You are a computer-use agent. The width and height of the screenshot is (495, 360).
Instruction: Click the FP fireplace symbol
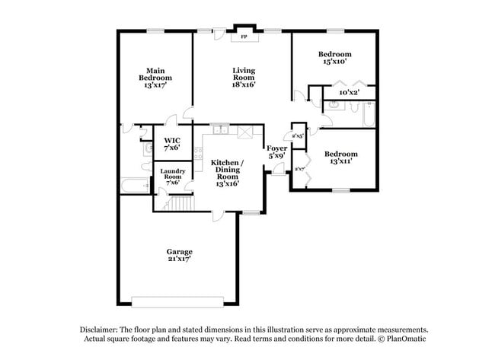[x=244, y=37]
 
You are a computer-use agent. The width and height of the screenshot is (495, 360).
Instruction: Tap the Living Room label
[x=244, y=77]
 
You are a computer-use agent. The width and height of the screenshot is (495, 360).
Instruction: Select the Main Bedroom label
[x=155, y=77]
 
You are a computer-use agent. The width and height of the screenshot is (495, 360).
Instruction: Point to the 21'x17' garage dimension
[x=180, y=259]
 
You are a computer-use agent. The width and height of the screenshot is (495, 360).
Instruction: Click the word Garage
[x=180, y=251]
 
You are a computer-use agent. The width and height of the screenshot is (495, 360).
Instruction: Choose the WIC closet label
[x=172, y=144]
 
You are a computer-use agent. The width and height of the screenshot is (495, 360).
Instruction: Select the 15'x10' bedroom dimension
[x=334, y=62]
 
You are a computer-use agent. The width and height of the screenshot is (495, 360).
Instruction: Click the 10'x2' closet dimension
[x=349, y=93]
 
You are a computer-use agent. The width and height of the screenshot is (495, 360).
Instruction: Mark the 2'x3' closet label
[x=299, y=135]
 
